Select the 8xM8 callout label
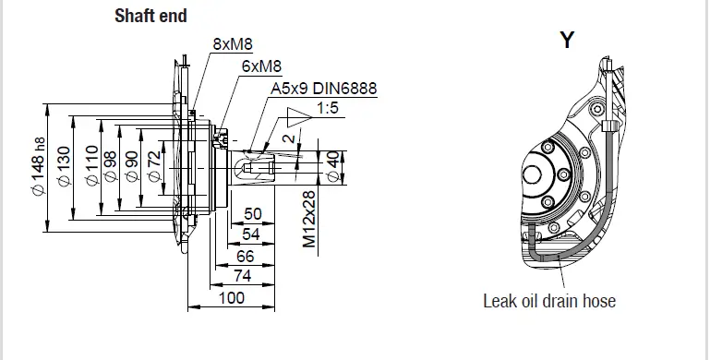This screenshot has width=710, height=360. pos(232,43)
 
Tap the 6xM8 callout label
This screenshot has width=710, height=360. pos(261,66)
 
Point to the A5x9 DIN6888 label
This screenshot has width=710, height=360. pos(323,90)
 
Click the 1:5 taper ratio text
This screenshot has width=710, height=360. pos(328,109)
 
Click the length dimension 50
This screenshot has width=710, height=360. pos(251,213)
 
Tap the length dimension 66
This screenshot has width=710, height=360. pos(245,255)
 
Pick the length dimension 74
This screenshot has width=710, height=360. pos(242,275)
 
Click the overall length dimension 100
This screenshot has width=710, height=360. pos(232,297)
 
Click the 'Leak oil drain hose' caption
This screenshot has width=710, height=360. pos(548,301)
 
